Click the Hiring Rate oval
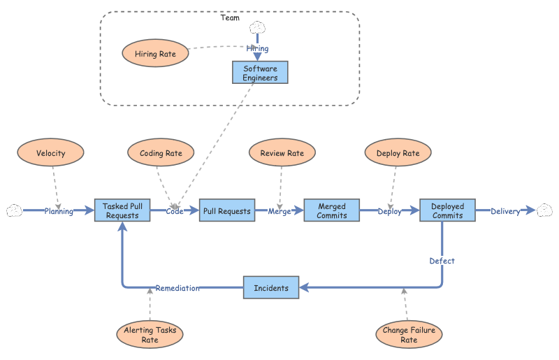(155, 53)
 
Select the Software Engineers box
(260, 73)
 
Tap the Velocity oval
(50, 153)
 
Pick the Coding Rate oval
(161, 153)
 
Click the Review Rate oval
(282, 153)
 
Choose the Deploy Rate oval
(398, 153)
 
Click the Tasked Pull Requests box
(122, 210)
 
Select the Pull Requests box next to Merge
(226, 210)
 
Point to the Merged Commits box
(332, 210)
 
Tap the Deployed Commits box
(447, 210)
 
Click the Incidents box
(271, 287)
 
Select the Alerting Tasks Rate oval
(150, 335)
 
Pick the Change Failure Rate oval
(409, 335)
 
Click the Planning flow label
(59, 211)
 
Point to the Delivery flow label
(505, 211)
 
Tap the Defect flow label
(442, 261)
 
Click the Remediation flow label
(177, 288)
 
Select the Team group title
(230, 17)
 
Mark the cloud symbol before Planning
(14, 210)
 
